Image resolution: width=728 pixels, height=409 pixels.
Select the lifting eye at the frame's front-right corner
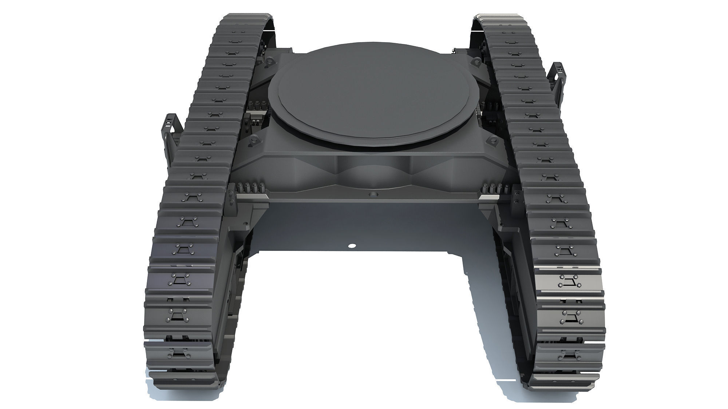(492, 140)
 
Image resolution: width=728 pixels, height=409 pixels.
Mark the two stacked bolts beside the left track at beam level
(231, 196)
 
